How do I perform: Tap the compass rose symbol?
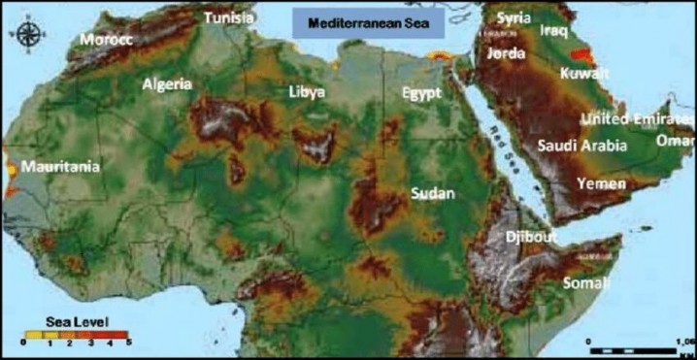pos(29,36)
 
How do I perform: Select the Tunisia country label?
pos(229,17)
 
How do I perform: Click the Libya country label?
pos(307,92)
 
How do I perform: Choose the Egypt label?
pos(422,94)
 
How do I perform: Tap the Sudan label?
pos(432,193)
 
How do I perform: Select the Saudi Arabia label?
pos(582,146)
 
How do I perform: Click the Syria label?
pos(514,17)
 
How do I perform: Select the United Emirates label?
pos(631,118)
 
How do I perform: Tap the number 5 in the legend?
pos(128,344)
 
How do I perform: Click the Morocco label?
pos(106,40)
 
